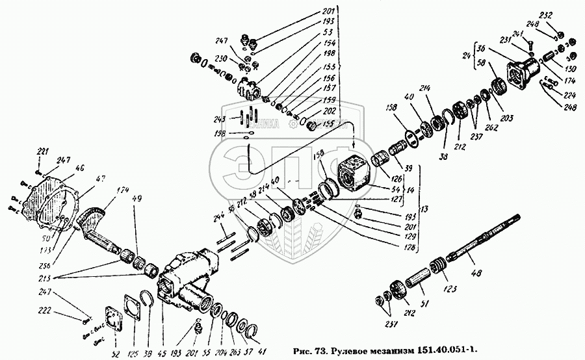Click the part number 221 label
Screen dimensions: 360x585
pos(42,152)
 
